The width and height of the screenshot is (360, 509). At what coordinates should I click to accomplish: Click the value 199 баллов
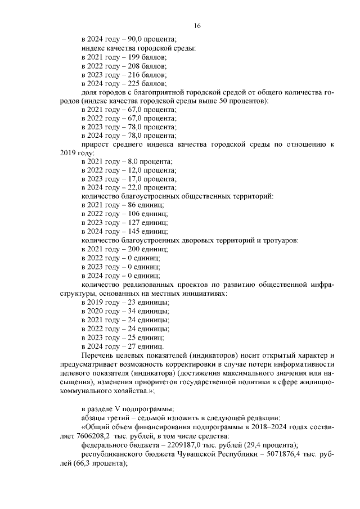tap(143, 57)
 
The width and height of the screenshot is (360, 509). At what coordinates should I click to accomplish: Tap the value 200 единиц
tap(144, 249)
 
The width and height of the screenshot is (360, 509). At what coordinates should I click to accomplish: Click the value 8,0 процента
tap(135, 162)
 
